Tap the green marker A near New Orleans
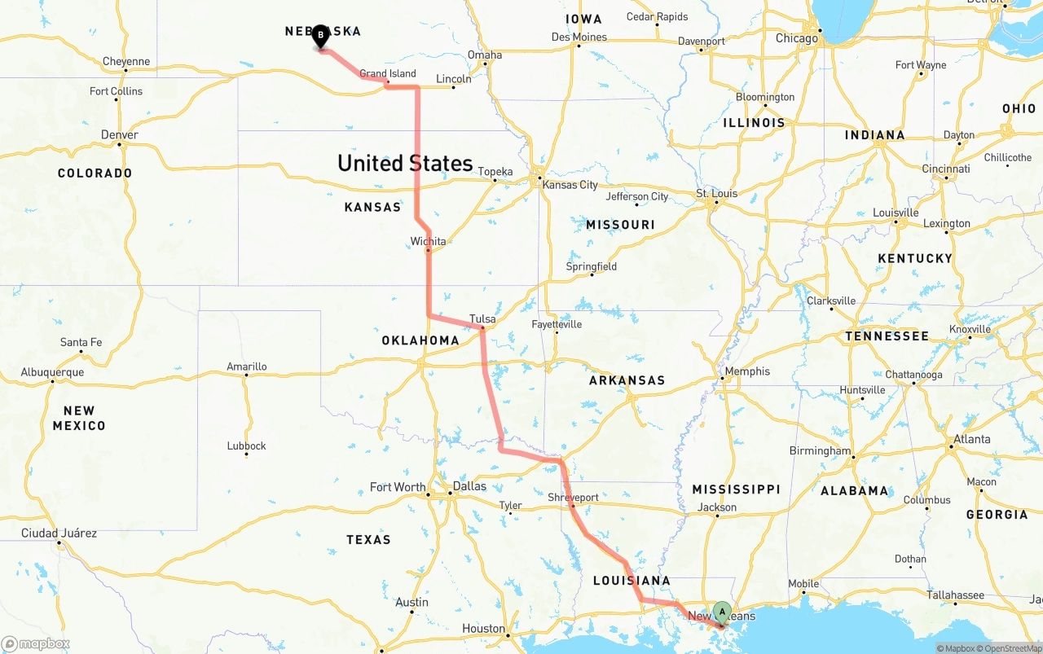point(722,612)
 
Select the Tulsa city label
point(482,318)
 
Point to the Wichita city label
point(428,241)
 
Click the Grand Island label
point(388,73)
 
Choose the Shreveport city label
point(573,497)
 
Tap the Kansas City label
point(570,185)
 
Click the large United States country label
point(405,163)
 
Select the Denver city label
point(120,134)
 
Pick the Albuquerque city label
point(52,372)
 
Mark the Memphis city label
point(747,371)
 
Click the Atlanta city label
point(971,439)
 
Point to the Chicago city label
point(797,38)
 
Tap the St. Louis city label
point(716,193)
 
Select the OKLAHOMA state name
point(420,340)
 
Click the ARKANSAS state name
point(627,380)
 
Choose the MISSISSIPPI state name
point(736,489)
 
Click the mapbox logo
point(36,643)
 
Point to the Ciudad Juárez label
point(59,533)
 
